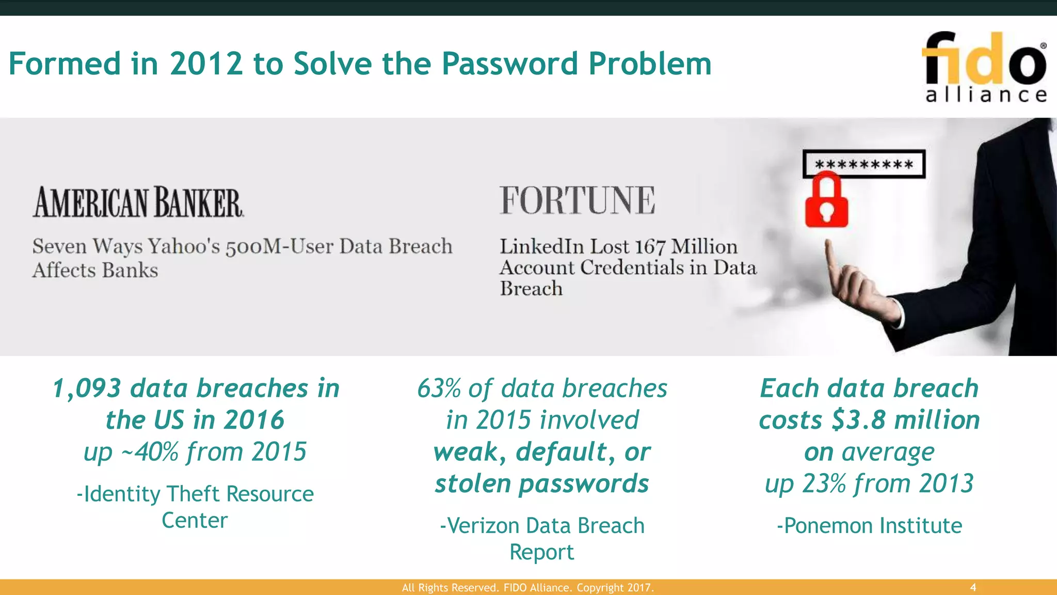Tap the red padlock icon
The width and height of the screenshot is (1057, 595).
(x=826, y=201)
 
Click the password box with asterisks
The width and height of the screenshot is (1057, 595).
(x=863, y=164)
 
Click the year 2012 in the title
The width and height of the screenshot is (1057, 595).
(x=206, y=64)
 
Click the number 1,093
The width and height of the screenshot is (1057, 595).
(x=87, y=388)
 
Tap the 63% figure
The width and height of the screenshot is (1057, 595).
(x=439, y=388)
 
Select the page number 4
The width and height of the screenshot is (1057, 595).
(x=973, y=587)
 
